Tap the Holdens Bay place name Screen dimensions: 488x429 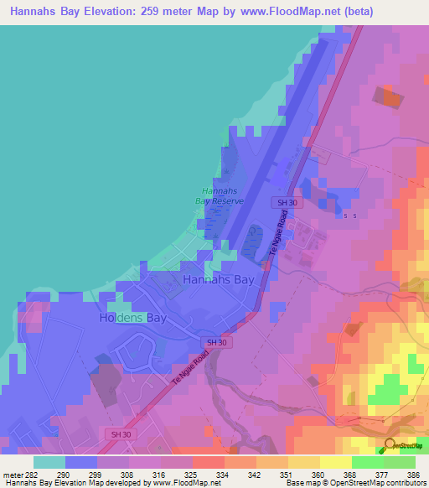pos(132,319)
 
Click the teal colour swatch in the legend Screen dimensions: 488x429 pos(49,462)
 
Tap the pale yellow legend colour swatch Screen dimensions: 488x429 pos(335,462)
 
